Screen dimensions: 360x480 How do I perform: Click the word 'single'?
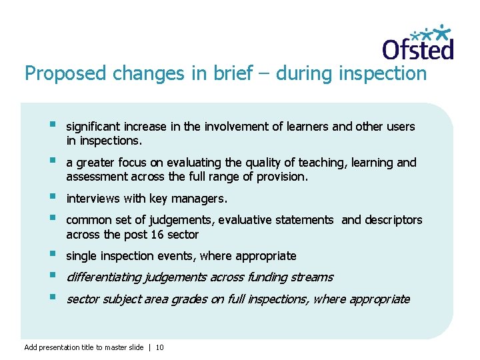[x=81, y=256]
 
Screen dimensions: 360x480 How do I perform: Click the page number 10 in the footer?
[x=160, y=347]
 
